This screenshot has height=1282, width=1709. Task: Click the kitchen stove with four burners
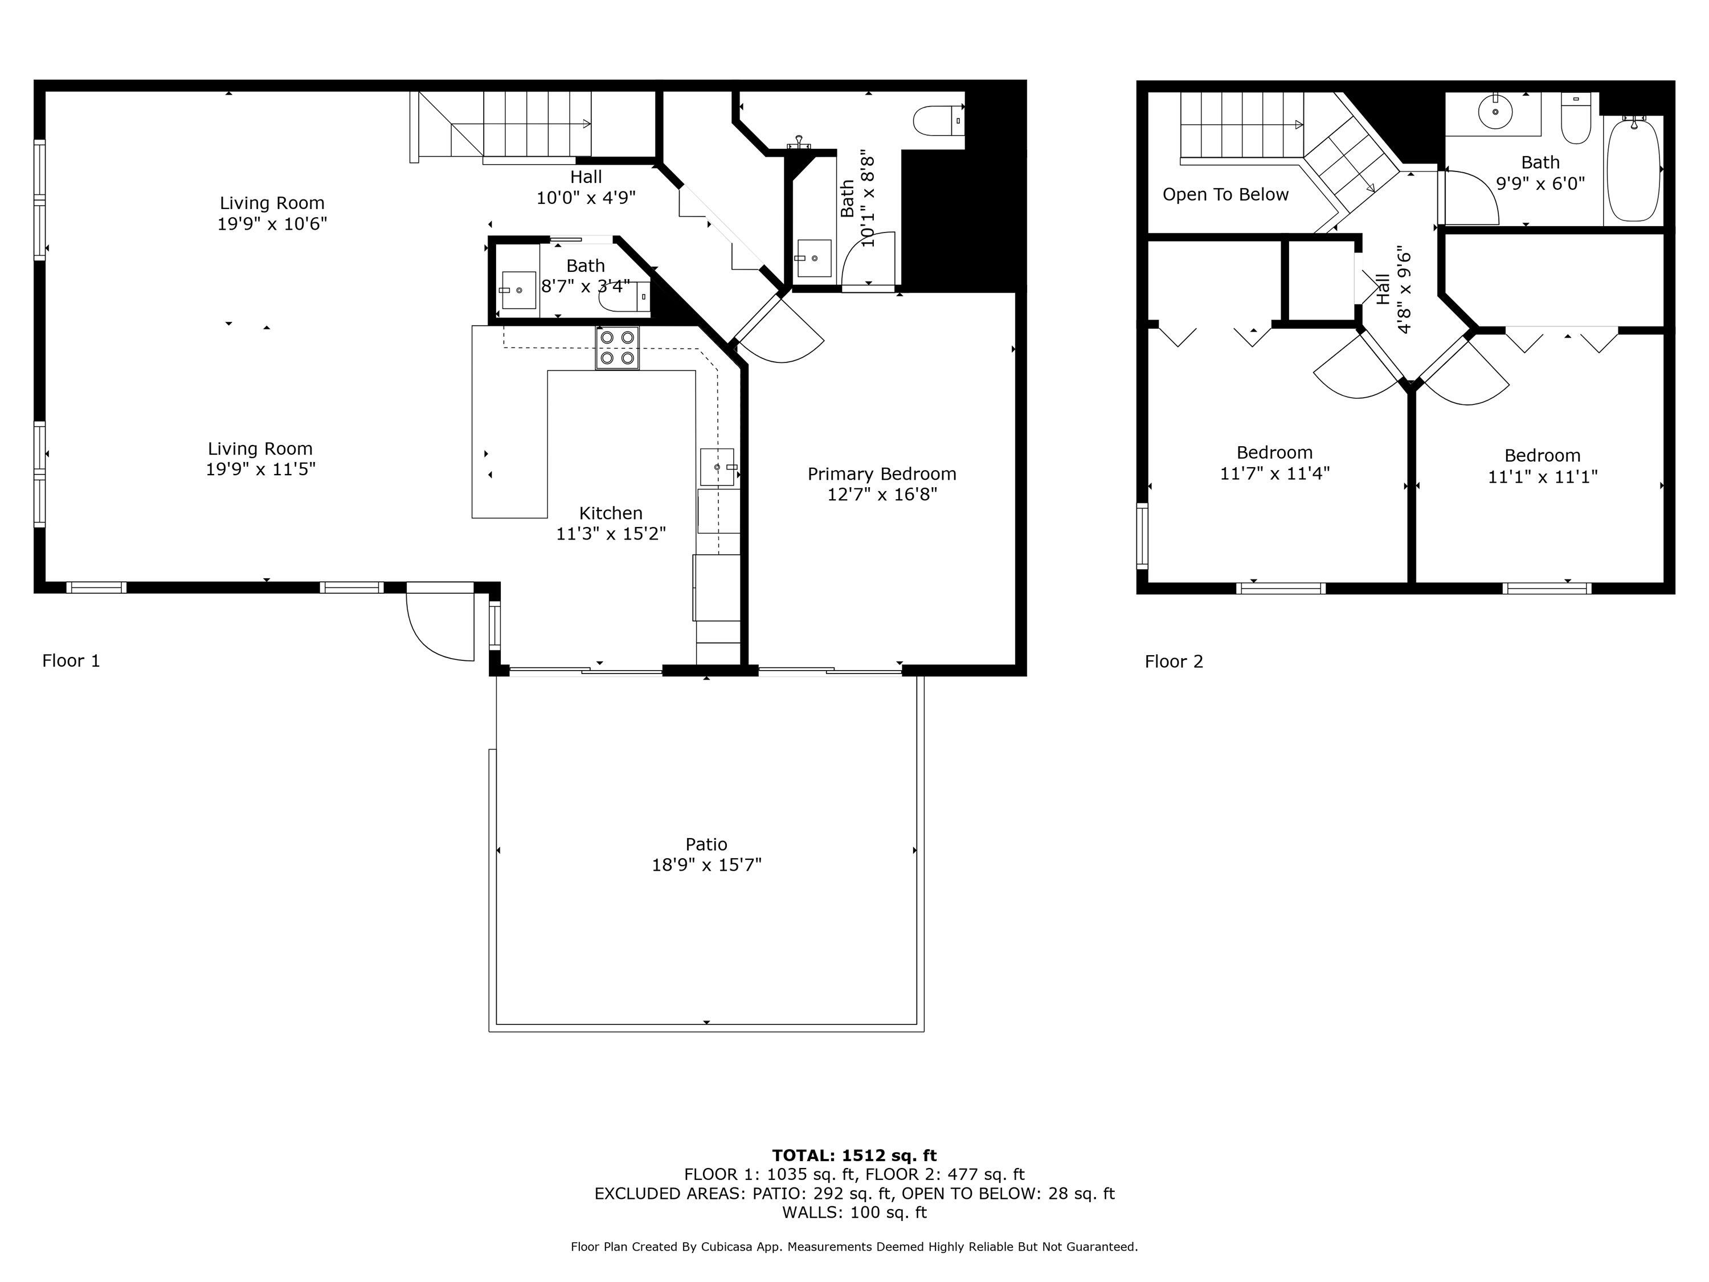[616, 348]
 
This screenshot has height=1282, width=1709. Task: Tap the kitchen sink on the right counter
[717, 467]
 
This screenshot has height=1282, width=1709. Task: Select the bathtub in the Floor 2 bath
[1633, 169]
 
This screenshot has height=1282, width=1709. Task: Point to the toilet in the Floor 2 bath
[1575, 122]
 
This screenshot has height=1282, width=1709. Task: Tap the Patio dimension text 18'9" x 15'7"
[706, 865]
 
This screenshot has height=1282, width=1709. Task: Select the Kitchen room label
[610, 513]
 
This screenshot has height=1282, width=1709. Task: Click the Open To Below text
[1225, 195]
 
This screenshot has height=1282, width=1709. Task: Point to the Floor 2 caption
[1174, 662]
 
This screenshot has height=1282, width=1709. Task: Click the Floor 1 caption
[71, 661]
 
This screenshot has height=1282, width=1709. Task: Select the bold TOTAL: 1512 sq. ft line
[854, 1156]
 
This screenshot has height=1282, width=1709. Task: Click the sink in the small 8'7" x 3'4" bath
[518, 290]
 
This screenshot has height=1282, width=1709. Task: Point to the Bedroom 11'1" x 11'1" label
[1542, 466]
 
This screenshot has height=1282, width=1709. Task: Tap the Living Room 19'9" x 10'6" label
[272, 213]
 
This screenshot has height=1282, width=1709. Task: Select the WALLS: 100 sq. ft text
[854, 1212]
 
